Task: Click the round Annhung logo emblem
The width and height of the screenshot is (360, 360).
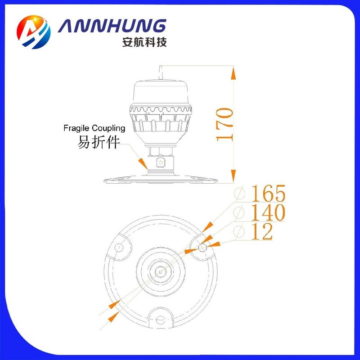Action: [x=34, y=32]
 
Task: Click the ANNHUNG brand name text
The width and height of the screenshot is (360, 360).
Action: [x=112, y=26]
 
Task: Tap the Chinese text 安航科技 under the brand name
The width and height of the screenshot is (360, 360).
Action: [x=144, y=42]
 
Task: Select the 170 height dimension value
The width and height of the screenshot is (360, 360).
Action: [x=225, y=125]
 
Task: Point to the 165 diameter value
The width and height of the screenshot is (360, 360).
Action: [x=268, y=193]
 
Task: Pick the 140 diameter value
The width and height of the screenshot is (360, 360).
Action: [x=268, y=212]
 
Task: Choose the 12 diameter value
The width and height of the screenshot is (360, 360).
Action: [x=262, y=231]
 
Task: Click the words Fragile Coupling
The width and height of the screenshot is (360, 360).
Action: [x=94, y=128]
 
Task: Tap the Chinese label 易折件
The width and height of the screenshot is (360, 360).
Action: [x=99, y=142]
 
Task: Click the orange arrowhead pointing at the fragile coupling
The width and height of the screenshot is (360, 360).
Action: [x=143, y=163]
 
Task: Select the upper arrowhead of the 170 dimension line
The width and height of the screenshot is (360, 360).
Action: [x=233, y=73]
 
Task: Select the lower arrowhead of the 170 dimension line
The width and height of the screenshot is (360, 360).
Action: [x=233, y=175]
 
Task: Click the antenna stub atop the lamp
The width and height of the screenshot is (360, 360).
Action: [x=161, y=73]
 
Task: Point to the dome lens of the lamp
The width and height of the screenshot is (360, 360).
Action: [x=161, y=93]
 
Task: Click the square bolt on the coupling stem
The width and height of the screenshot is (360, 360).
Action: [x=161, y=163]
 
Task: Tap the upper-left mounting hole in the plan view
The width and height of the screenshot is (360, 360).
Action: [x=119, y=247]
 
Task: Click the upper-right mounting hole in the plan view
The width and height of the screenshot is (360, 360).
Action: [x=202, y=247]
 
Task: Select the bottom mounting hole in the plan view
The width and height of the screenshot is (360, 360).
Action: [x=160, y=319]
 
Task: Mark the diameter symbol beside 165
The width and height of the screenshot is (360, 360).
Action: [x=239, y=193]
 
